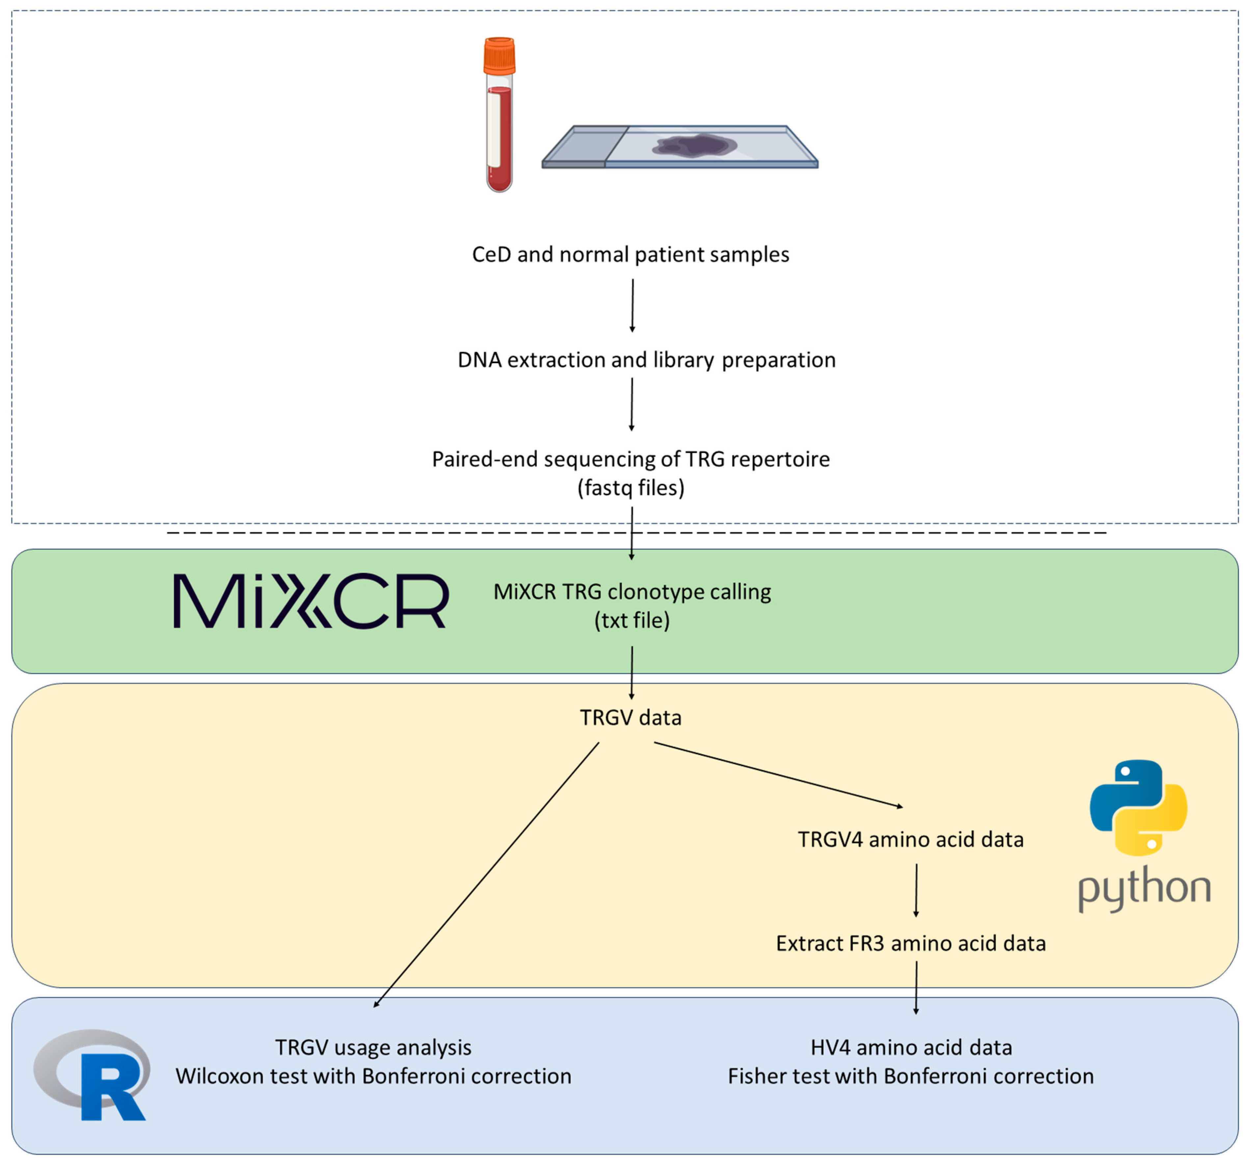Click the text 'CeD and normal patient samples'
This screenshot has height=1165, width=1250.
point(631,255)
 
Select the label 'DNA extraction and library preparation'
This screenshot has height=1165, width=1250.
point(646,360)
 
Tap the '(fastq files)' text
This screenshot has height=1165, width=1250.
point(631,488)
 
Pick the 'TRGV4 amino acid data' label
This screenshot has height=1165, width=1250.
point(911,839)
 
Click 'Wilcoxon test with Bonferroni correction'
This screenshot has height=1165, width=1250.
point(374,1077)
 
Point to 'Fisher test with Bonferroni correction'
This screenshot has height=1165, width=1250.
point(911,1077)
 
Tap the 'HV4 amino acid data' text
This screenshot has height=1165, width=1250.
point(911,1048)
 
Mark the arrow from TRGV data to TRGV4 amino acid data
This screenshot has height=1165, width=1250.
point(779,775)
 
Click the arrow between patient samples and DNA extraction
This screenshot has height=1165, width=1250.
point(632,305)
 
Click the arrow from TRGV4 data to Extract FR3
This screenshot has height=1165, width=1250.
point(916,890)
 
